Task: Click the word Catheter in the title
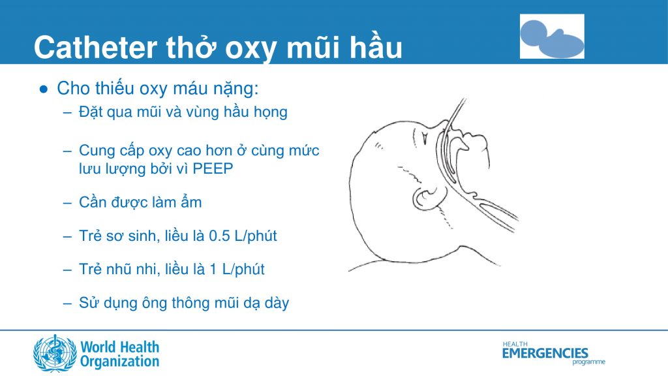[95, 48]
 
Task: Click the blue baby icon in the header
[551, 37]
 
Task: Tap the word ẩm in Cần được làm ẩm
[192, 202]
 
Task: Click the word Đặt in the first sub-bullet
[91, 112]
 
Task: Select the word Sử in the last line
[88, 303]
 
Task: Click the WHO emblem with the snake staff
[55, 353]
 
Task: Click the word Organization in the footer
[119, 361]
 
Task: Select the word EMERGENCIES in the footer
[545, 353]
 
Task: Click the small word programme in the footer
[588, 362]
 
